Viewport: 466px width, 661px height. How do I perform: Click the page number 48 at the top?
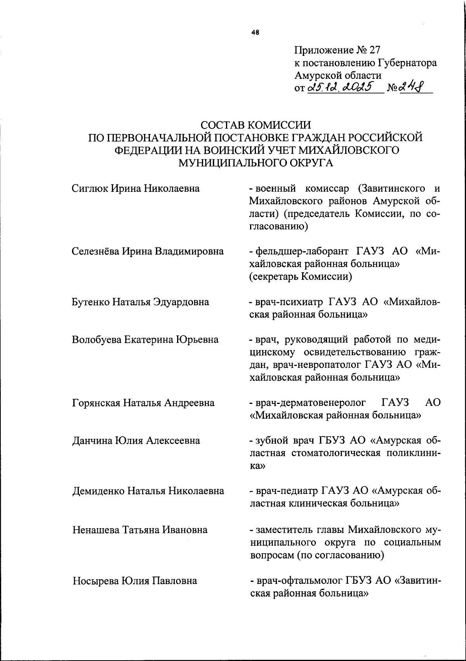pyautogui.click(x=255, y=33)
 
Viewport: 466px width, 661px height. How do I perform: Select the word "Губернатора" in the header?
pyautogui.click(x=407, y=63)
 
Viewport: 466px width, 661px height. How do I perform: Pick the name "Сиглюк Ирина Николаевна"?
pyautogui.click(x=136, y=189)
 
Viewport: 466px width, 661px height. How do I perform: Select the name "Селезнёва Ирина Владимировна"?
pyautogui.click(x=148, y=251)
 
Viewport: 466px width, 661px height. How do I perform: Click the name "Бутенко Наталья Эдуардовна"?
pyautogui.click(x=141, y=302)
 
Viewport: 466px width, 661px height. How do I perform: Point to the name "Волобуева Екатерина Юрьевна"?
pyautogui.click(x=145, y=340)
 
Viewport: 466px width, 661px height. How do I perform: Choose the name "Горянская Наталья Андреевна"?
pyautogui.click(x=143, y=403)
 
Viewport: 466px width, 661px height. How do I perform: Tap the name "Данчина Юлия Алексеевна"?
pyautogui.click(x=136, y=441)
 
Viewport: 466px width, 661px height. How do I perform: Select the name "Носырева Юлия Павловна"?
pyautogui.click(x=135, y=581)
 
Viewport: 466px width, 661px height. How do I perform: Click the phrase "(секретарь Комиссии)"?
pyautogui.click(x=301, y=277)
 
